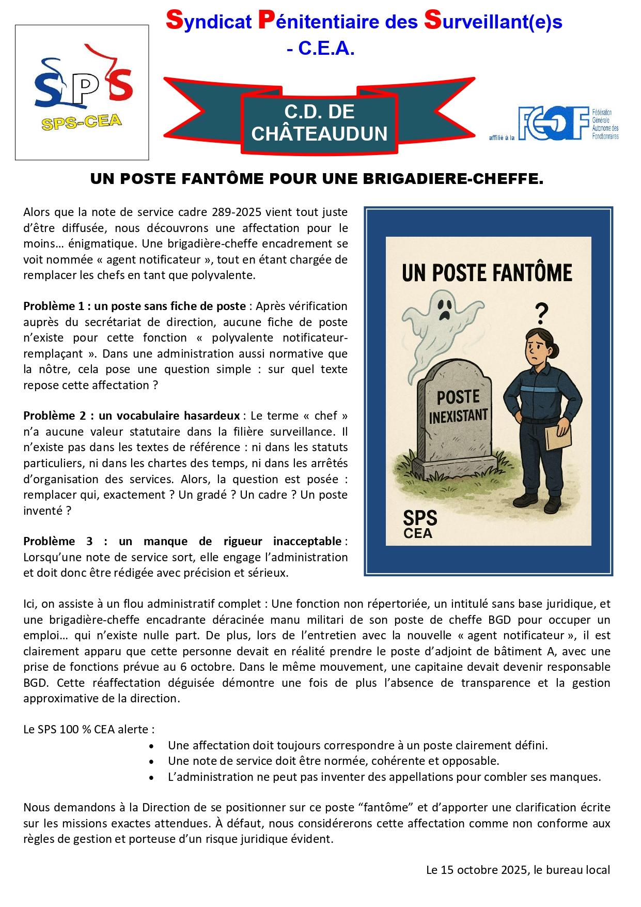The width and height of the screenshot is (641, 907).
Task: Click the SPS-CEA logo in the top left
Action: (82, 92)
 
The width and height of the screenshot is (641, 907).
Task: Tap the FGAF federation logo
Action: (553, 124)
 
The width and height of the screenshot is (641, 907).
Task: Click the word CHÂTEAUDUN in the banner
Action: (319, 134)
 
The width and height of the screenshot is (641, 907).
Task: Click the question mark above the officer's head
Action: (541, 312)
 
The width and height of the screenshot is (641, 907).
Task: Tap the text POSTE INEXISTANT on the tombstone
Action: (458, 406)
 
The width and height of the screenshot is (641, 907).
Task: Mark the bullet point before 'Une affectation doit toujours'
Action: (151, 746)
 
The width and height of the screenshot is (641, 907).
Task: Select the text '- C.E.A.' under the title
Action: (320, 49)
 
